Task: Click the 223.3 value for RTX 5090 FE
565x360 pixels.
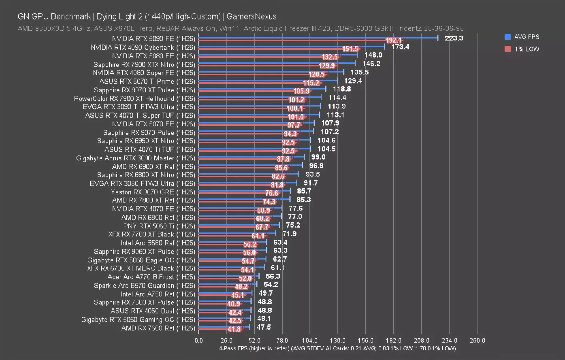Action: (x=454, y=38)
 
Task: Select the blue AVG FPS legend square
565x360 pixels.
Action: (x=508, y=37)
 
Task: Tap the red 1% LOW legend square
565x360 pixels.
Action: (x=508, y=49)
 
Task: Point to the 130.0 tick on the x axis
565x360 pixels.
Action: (x=337, y=340)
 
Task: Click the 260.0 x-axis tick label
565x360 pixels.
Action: (x=477, y=340)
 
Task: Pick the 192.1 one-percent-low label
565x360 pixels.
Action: (x=393, y=40)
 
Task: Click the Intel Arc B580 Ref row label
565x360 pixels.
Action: (x=158, y=243)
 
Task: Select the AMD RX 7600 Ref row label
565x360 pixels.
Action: (x=158, y=328)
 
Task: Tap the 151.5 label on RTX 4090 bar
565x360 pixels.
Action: (x=350, y=49)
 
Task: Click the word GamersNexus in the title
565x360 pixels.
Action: (x=251, y=16)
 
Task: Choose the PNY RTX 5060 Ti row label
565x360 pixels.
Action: (x=159, y=226)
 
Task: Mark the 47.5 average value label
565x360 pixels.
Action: (x=264, y=327)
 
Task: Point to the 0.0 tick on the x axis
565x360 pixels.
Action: (x=199, y=340)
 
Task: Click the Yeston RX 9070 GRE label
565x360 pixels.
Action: (x=153, y=192)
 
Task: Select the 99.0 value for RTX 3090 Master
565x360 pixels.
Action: (x=318, y=157)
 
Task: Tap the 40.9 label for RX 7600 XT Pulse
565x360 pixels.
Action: (x=234, y=304)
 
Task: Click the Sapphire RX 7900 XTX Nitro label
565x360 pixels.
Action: (x=144, y=64)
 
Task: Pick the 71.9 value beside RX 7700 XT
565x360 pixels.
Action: (x=289, y=234)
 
